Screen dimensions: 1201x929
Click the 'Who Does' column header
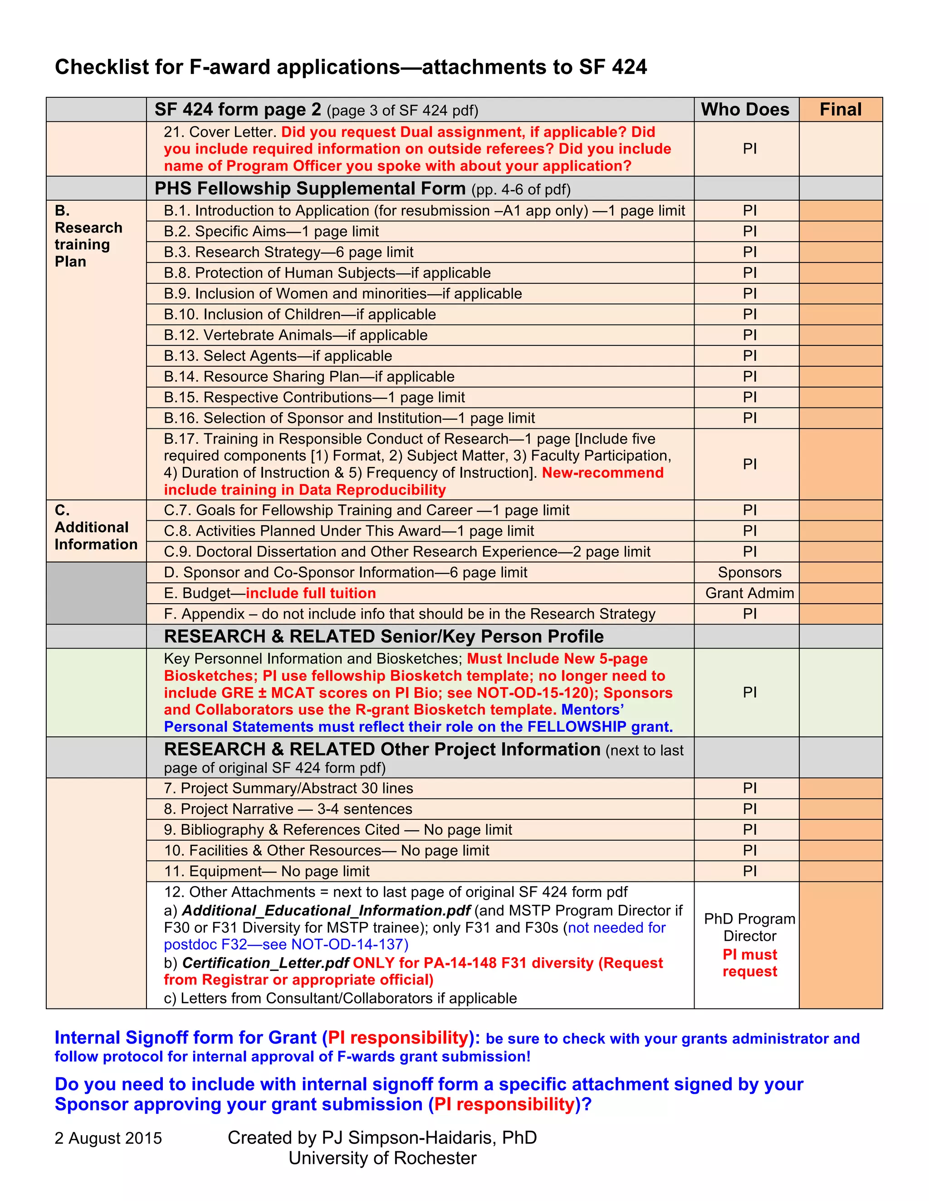click(745, 109)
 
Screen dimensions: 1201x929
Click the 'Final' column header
click(841, 109)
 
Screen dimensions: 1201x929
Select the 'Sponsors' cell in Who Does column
click(749, 572)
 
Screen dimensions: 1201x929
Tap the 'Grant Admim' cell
click(749, 593)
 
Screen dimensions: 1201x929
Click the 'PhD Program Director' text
click(749, 927)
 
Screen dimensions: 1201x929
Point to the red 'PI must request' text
click(749, 963)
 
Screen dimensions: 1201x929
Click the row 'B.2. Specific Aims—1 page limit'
click(271, 232)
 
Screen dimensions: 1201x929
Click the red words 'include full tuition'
click(310, 593)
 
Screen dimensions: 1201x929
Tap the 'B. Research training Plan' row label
click(88, 236)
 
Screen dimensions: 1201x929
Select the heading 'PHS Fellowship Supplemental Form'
click(310, 189)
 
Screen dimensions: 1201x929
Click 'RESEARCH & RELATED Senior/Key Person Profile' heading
click(384, 636)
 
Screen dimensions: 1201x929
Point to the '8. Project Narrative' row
click(288, 809)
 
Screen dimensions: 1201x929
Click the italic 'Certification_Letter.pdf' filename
click(265, 963)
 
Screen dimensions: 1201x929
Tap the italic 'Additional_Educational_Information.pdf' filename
click(326, 910)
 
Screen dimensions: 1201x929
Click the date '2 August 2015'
click(108, 1138)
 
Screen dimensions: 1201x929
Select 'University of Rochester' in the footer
click(382, 1158)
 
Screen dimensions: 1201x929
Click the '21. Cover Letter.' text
click(220, 132)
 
